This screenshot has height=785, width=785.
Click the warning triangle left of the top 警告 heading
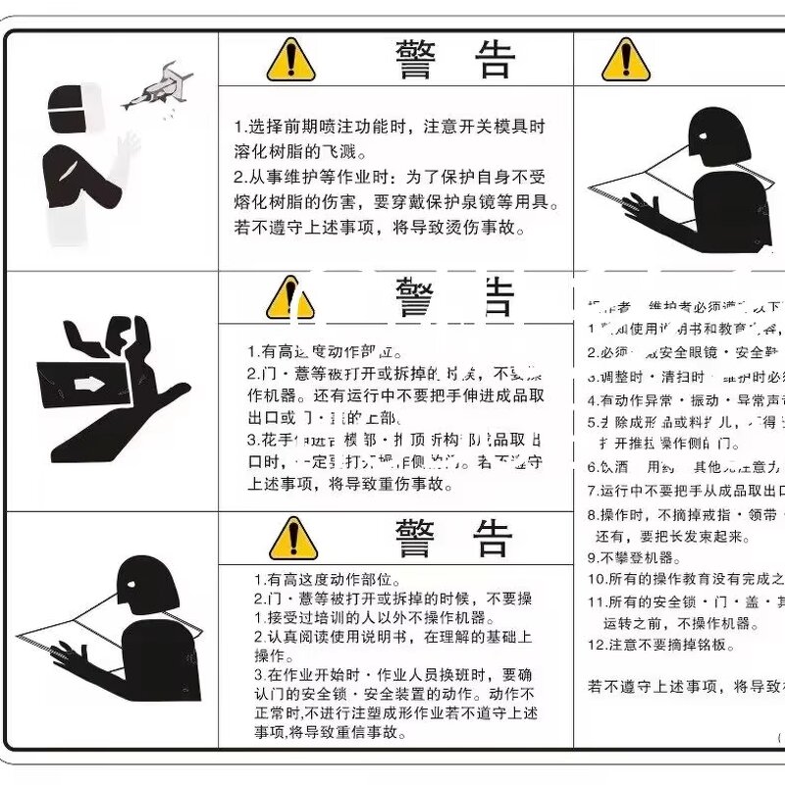tap(290, 60)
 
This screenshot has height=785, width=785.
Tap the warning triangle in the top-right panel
tap(625, 60)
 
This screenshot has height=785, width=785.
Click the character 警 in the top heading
tap(419, 59)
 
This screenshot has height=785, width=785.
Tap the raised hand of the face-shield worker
tap(126, 147)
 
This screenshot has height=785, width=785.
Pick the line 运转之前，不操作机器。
tap(676, 623)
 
